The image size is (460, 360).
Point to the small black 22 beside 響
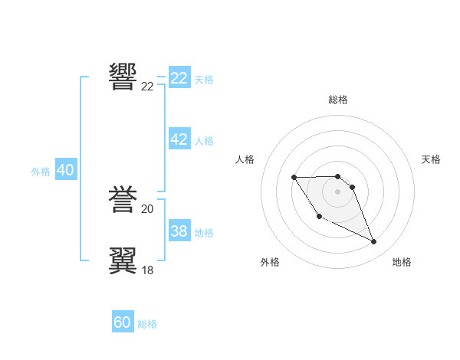[x=147, y=87]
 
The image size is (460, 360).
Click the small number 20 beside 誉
[x=147, y=209]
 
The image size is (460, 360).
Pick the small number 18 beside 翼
[x=147, y=270]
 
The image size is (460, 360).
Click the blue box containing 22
[x=179, y=78]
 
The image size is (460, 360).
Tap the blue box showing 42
[x=179, y=139]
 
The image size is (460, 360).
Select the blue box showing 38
[x=179, y=231]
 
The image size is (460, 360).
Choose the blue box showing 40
[x=65, y=170]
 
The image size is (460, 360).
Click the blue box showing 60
[x=123, y=322]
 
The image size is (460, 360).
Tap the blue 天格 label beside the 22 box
[x=204, y=79]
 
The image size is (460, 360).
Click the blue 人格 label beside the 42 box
[x=204, y=141]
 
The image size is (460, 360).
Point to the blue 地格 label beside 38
[x=204, y=233]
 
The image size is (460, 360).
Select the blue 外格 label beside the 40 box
[x=41, y=172]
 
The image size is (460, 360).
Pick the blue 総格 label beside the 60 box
[x=147, y=324]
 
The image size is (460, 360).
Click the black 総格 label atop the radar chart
[x=338, y=100]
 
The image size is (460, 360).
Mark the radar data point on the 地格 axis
[x=374, y=242]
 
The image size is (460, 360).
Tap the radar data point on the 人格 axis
[x=294, y=178]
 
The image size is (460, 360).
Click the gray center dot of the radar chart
[x=337, y=191]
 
